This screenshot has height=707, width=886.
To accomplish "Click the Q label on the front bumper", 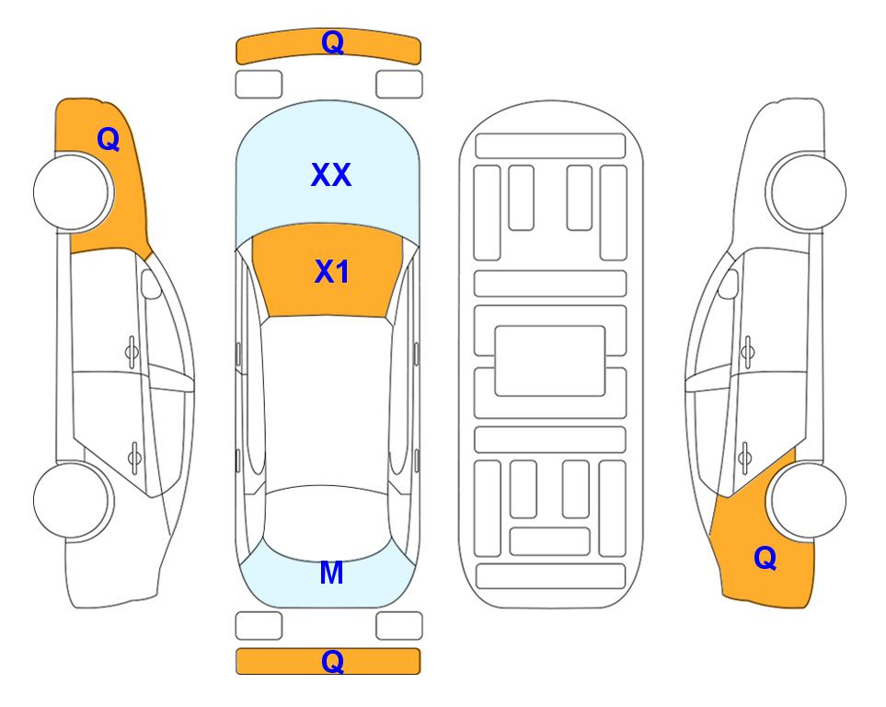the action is pos(332,42).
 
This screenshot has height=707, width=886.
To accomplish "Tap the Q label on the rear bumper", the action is pos(332,661).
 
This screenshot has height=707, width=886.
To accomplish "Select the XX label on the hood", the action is pos(331,175).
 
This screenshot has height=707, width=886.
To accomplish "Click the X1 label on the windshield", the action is pos(332,272).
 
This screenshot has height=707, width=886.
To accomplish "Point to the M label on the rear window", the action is pos(332,573).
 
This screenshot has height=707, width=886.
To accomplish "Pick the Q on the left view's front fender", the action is pos(108,139).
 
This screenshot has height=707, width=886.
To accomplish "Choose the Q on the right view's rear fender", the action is pos(765,558).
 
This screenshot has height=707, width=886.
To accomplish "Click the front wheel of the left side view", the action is pos(72,192).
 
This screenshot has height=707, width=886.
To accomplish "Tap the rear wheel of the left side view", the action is pos(72,501).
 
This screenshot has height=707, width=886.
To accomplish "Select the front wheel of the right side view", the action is pos(808,191).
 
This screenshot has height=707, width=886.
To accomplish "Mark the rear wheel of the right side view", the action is pos(808,500).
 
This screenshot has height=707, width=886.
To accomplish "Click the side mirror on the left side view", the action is pos(150,284).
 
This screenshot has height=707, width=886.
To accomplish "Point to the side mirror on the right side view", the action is pos(729,284).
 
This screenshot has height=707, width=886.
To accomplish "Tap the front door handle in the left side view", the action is pos(132,353).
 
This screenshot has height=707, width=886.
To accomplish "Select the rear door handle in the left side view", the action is pos(134,457).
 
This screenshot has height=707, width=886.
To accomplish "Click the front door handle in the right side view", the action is pos(747,353).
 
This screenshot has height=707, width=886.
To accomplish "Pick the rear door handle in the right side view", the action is pos(744,458).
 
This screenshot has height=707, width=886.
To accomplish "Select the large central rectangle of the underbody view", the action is pos(550,361).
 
